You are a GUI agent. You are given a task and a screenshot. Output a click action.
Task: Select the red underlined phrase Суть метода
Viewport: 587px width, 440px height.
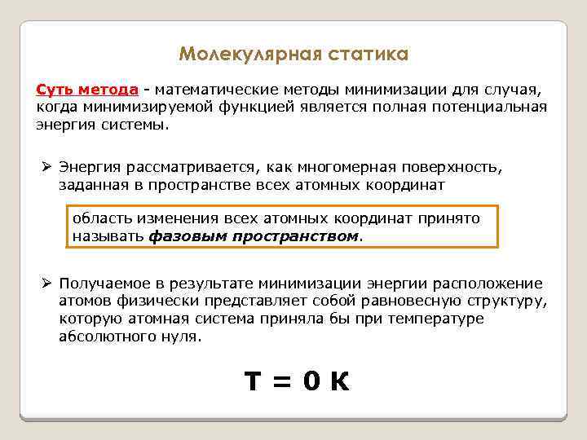coord(86,89)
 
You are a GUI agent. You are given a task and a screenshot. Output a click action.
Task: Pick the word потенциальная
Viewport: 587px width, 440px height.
coord(493,107)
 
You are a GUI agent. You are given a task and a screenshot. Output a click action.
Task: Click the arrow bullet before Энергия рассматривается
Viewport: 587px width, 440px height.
coord(47,167)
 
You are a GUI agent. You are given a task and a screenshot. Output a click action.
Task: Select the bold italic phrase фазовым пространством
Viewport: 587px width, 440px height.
coord(254,236)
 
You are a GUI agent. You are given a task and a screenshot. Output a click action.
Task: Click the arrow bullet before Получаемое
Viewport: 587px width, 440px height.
coord(47,284)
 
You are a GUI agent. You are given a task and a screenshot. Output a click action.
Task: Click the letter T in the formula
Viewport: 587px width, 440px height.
coord(254,381)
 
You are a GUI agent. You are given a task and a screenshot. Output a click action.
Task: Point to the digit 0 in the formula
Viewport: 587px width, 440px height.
coord(311,381)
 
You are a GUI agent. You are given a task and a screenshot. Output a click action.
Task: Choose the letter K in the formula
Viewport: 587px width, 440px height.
coord(340,381)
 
